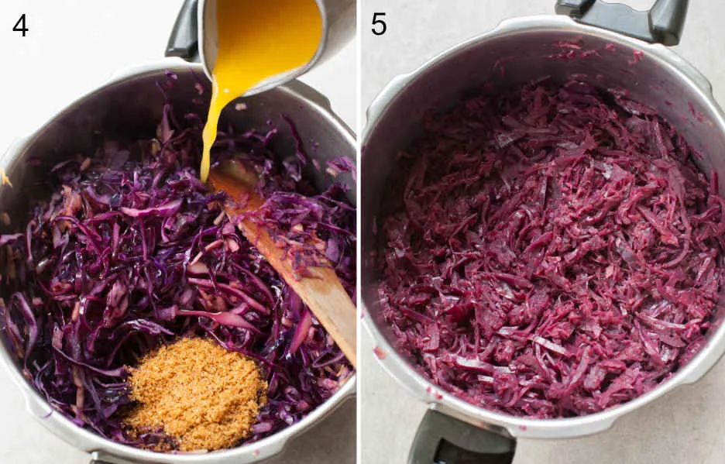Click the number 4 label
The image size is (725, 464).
click(20, 26)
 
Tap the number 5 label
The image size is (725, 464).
click(378, 25)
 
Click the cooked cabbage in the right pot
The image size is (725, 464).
click(545, 249)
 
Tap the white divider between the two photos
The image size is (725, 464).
click(359, 232)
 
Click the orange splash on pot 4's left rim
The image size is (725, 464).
click(5, 178)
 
